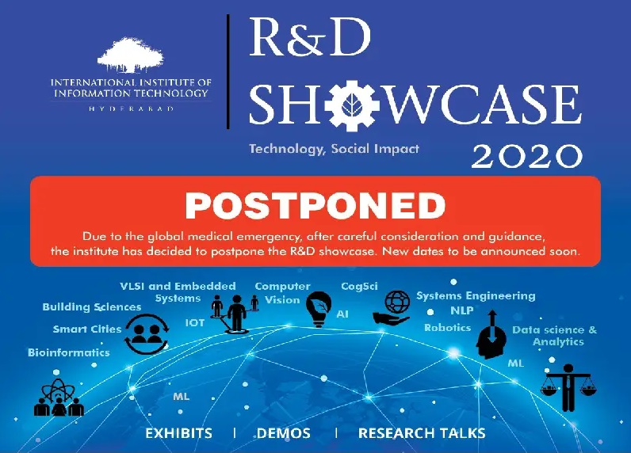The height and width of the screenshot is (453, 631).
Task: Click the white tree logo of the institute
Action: point(131,55)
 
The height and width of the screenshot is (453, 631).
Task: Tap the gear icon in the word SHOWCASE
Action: point(353,105)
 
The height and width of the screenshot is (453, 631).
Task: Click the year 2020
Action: point(527,156)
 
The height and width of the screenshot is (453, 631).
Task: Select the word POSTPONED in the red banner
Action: point(315,205)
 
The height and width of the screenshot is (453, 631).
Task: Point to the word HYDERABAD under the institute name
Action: point(131,108)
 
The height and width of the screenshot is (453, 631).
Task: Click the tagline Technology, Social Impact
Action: point(334,149)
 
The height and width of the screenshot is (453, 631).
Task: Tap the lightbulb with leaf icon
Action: point(319,309)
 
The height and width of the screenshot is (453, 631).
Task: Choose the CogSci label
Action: point(359,287)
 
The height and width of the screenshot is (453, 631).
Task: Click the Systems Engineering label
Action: point(476,296)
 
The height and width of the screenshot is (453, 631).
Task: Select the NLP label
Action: point(462,310)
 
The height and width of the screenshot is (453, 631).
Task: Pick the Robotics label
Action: point(448,328)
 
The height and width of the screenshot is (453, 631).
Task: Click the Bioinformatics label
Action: point(69,352)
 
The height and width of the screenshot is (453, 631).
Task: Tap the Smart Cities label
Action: point(87,329)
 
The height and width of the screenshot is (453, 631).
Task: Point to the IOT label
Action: point(195,323)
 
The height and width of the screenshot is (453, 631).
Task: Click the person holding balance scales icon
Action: point(568,387)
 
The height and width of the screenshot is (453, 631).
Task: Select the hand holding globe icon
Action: point(392,307)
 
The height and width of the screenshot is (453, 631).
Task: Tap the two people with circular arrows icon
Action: point(147,334)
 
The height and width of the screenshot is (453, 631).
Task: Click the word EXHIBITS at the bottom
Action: point(178,433)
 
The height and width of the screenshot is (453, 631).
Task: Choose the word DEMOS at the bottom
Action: point(284,433)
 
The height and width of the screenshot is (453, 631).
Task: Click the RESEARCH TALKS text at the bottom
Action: point(422,433)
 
